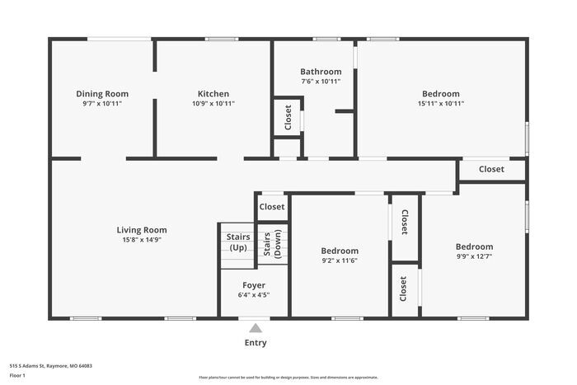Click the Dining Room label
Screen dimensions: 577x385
(x=102, y=94)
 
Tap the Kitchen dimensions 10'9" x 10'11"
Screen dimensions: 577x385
(x=213, y=103)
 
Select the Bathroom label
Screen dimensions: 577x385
(x=321, y=72)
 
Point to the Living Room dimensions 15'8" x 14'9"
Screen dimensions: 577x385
(x=142, y=240)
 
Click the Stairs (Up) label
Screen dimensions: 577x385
(x=238, y=242)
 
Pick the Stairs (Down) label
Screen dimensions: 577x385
(x=272, y=244)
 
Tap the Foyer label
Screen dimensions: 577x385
(x=254, y=285)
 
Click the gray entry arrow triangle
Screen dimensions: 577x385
(x=256, y=328)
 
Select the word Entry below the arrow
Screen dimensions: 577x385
(x=256, y=343)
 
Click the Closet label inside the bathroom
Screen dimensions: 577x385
(x=288, y=117)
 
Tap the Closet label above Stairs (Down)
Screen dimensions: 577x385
(x=272, y=207)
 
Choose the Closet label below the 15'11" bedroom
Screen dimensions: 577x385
(x=491, y=169)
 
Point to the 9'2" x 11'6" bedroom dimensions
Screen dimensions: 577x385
(x=340, y=261)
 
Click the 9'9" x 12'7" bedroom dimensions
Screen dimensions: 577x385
(x=474, y=256)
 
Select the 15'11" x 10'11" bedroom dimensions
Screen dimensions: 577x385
(x=441, y=103)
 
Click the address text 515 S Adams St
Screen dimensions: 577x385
(x=27, y=366)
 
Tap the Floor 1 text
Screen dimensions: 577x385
(x=17, y=375)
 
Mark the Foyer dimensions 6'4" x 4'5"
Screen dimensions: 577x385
(x=254, y=295)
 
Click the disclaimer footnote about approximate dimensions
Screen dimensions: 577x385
(x=288, y=378)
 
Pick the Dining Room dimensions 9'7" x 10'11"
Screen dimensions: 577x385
(x=102, y=103)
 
